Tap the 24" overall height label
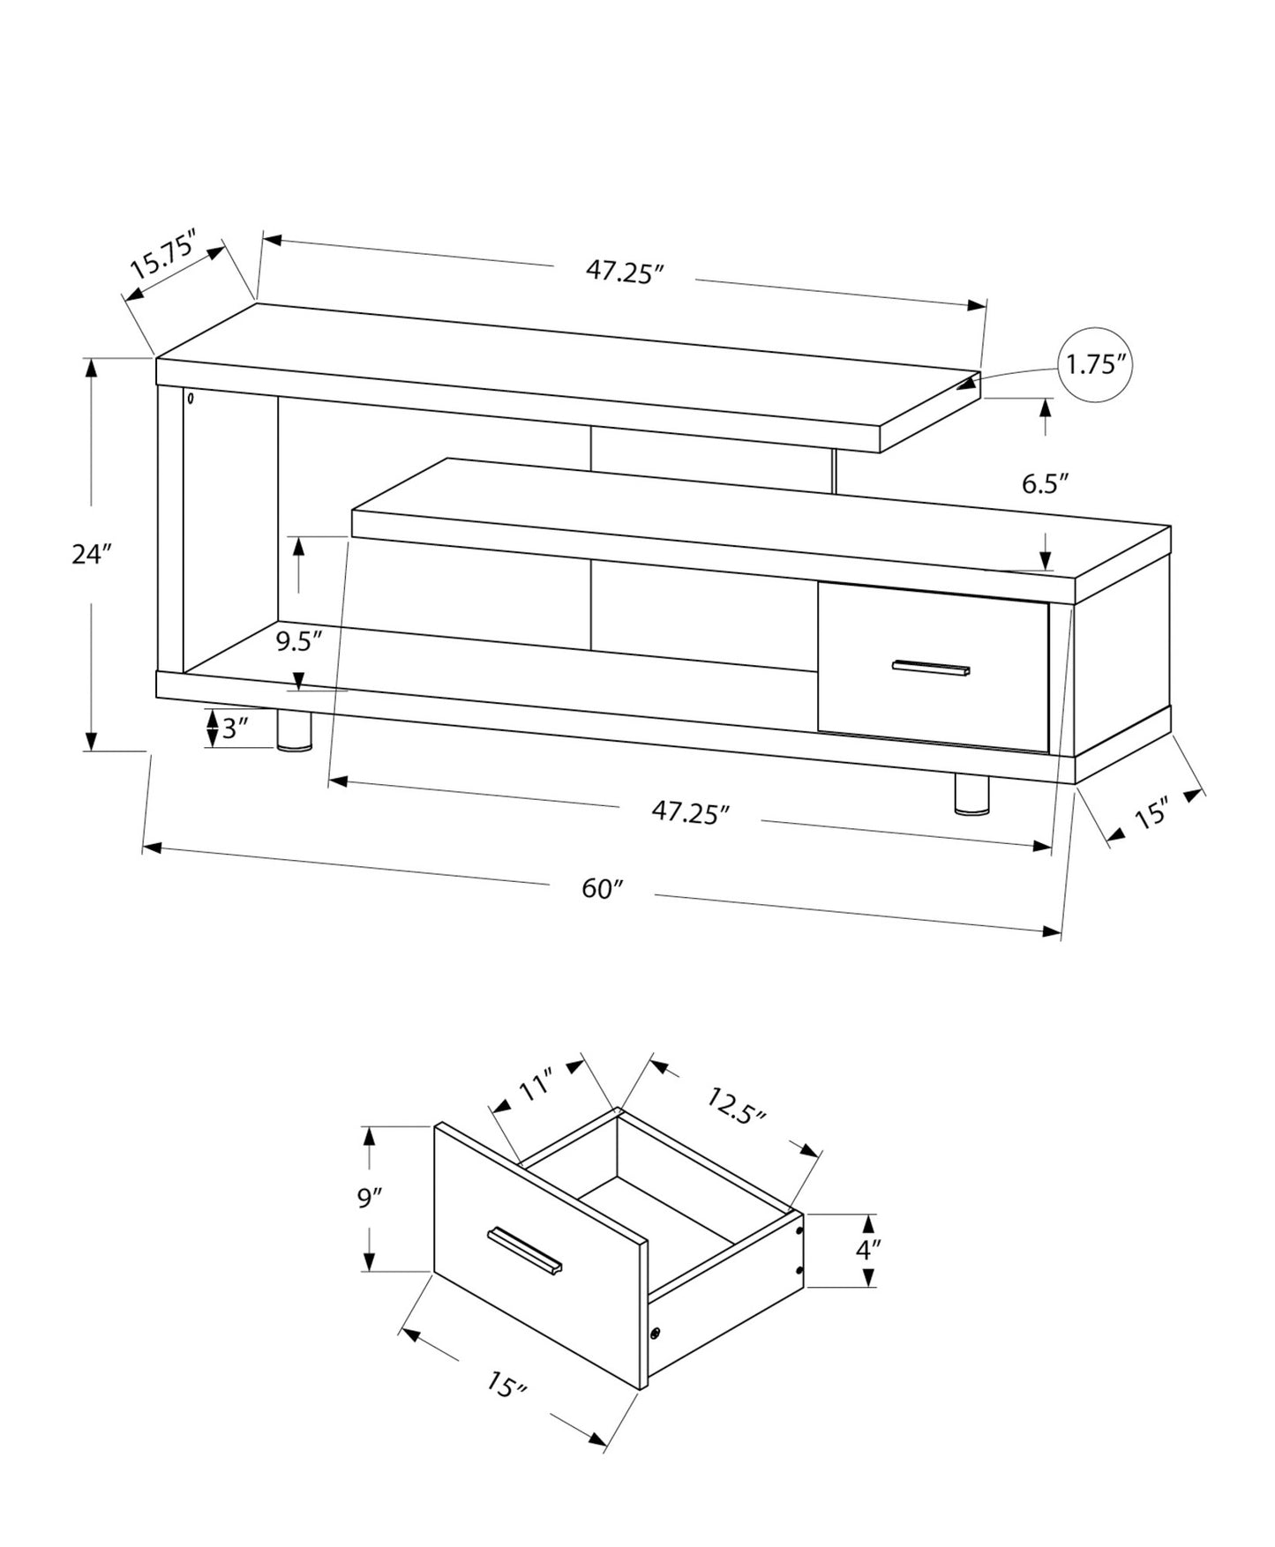92,555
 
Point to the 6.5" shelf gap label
1046,483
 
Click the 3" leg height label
234,729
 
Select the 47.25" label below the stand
691,812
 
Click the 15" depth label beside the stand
1151,812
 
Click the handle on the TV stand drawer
931,668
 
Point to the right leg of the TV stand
971,794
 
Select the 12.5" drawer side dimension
735,1103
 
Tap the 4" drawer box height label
869,1250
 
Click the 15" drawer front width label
506,1386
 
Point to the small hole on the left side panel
190,399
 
